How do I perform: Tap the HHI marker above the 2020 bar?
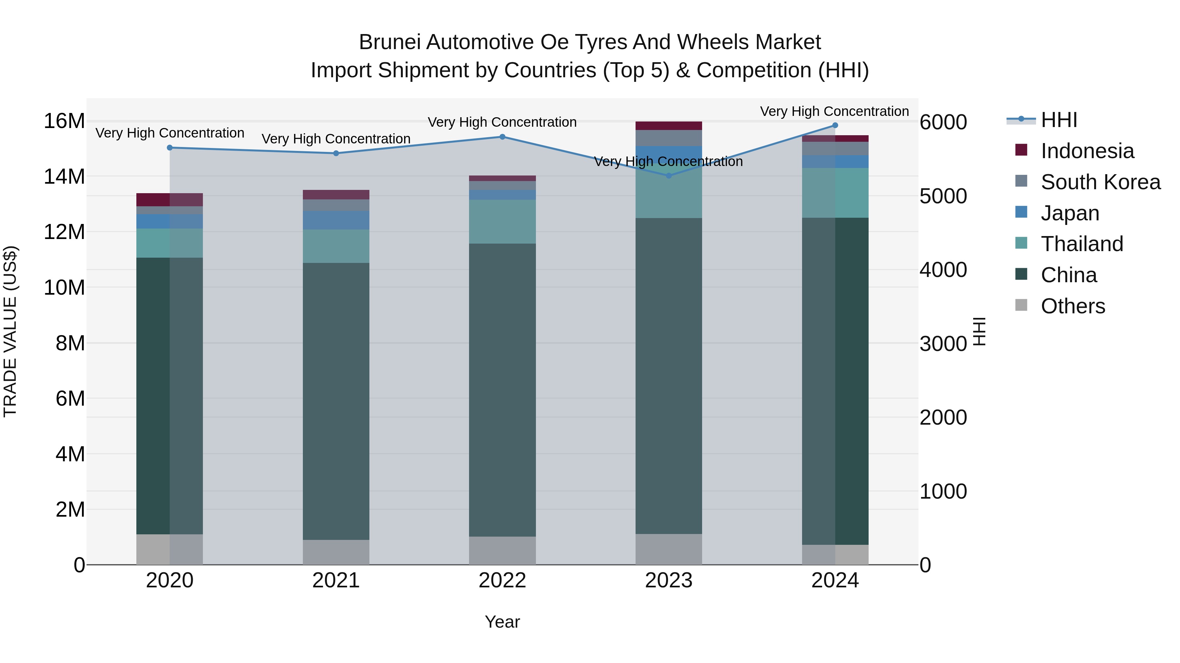click(x=169, y=148)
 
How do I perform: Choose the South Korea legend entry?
click(x=1100, y=182)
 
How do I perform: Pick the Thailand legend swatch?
click(x=1021, y=243)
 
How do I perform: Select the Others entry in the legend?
click(x=1072, y=306)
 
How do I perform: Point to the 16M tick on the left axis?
click(x=64, y=121)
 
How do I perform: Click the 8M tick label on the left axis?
click(x=70, y=343)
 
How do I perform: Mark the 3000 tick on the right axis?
click(x=943, y=344)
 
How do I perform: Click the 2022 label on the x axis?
click(x=502, y=580)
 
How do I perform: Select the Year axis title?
click(x=502, y=622)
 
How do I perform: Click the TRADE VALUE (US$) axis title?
click(x=10, y=331)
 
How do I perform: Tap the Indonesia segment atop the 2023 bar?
click(x=668, y=126)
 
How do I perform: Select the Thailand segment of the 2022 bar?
click(x=502, y=221)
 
